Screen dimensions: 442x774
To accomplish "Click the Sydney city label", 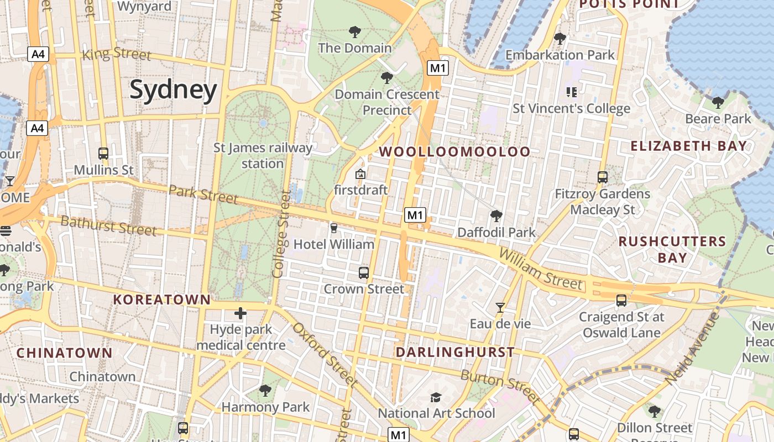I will click(173, 90).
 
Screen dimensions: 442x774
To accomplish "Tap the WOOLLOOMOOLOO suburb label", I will click(454, 151).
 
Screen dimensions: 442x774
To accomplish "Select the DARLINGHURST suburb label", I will click(455, 352).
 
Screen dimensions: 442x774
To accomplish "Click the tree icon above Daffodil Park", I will click(496, 215).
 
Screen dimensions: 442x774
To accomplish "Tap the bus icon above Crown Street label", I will click(364, 272).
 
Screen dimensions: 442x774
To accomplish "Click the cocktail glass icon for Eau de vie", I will click(500, 307).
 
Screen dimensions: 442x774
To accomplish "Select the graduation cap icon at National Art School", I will click(436, 397).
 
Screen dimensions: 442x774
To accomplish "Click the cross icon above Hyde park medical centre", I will click(240, 314).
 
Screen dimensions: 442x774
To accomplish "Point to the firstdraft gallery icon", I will click(360, 174).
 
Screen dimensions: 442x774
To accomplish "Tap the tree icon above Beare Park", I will click(718, 102).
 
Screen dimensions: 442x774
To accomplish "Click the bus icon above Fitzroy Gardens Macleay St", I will click(603, 177).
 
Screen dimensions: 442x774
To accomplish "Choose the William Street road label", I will click(540, 269).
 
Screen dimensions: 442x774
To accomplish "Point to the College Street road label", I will click(281, 234).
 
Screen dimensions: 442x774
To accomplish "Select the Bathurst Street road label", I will click(108, 225).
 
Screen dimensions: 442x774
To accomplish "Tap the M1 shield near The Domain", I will click(437, 68).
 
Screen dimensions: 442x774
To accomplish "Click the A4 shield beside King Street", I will click(39, 54).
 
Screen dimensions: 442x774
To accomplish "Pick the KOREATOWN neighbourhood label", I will click(162, 299).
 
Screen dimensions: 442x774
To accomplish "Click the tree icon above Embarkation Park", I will click(559, 39).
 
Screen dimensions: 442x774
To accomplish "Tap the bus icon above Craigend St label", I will click(621, 301).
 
